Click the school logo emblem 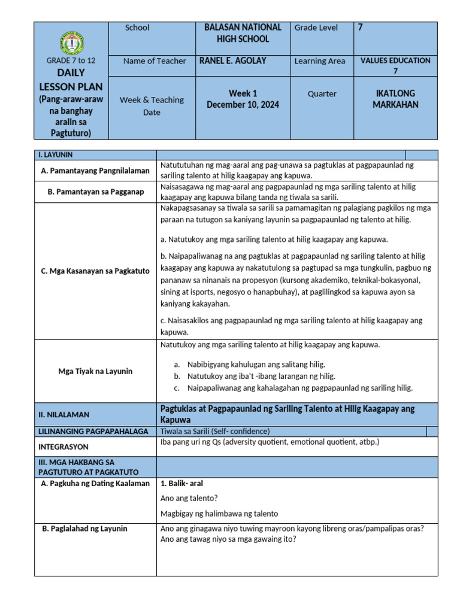tap(71, 43)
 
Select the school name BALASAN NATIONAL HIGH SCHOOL tap(243, 34)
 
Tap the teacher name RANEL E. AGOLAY tap(232, 60)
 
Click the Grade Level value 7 tap(360, 28)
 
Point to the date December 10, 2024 tap(243, 105)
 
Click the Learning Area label tap(319, 61)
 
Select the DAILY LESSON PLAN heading tap(71, 80)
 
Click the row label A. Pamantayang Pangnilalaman tap(95, 171)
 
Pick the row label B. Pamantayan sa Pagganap tap(95, 192)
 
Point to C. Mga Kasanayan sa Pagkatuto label tap(95, 271)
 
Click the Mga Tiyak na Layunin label tap(95, 371)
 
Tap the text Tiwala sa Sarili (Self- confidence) tap(216, 431)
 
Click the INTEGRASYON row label tap(63, 447)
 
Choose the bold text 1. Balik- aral tap(182, 483)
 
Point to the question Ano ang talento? tap(189, 498)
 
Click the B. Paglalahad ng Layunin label tap(84, 529)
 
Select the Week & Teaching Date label tap(152, 106)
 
